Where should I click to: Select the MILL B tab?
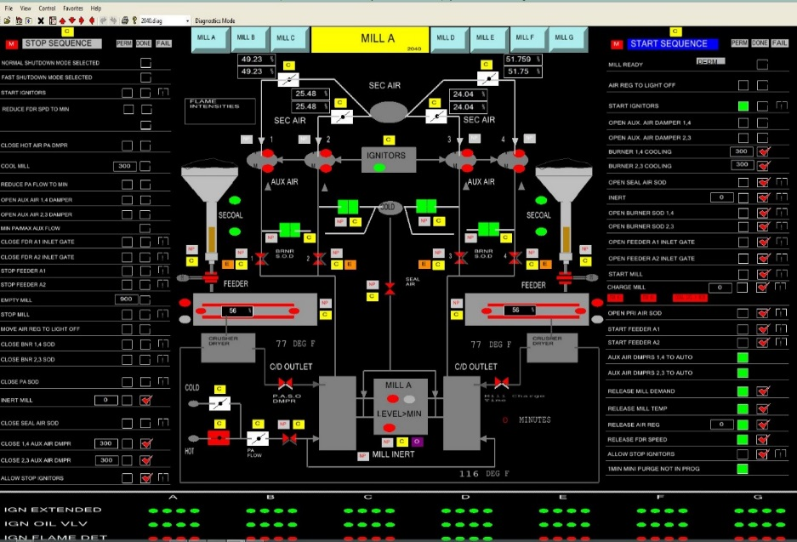[246, 37]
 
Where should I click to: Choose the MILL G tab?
[564, 37]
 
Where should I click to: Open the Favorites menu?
[73, 8]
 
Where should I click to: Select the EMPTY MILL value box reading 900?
[126, 300]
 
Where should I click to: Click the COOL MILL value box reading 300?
[126, 167]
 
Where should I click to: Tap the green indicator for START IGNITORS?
[743, 106]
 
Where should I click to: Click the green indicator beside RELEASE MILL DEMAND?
[743, 391]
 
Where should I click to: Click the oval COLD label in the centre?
[389, 207]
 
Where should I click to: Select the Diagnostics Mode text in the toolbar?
[215, 20]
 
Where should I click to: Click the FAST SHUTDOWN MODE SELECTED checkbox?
[145, 77]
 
